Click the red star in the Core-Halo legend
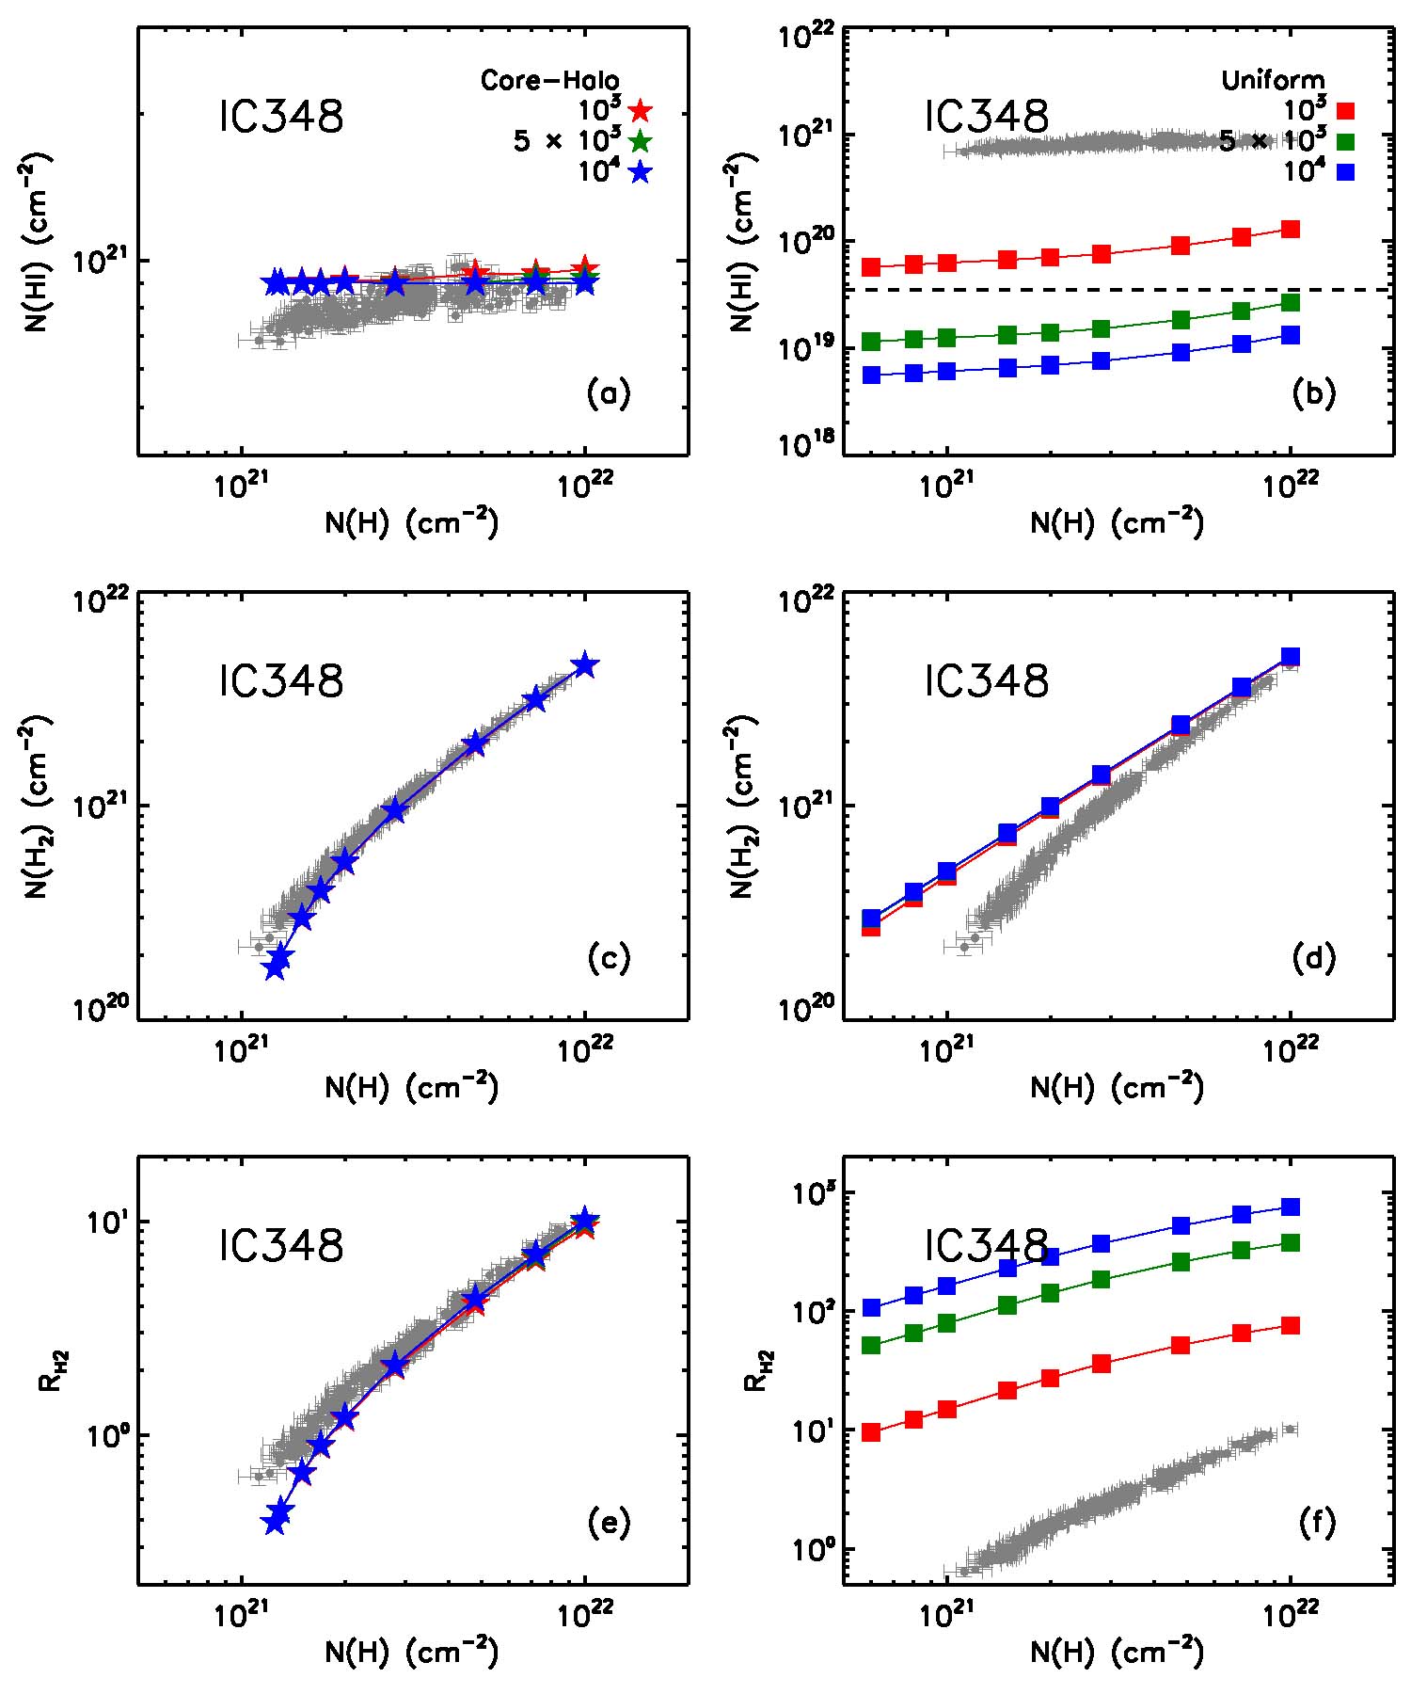click(640, 111)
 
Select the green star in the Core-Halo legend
click(640, 141)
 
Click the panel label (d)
click(1313, 958)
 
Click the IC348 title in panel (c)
click(281, 680)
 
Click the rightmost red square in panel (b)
click(1291, 229)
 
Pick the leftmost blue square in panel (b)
click(871, 375)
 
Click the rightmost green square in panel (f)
click(1291, 1243)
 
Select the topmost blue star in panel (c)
click(585, 664)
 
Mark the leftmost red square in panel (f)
click(871, 1432)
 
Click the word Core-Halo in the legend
click(550, 81)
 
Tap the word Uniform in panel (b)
click(1273, 81)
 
